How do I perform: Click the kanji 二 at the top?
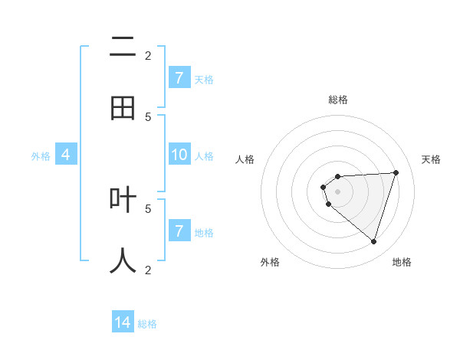(123, 48)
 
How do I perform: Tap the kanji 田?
(123, 109)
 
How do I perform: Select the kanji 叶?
(123, 200)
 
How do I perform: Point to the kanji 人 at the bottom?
(123, 260)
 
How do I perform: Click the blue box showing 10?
(179, 155)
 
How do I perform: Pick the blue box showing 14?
(123, 322)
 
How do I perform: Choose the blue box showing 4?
(66, 155)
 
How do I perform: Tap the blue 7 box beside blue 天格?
(179, 77)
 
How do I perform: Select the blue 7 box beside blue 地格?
(179, 231)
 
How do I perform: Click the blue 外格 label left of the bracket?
(41, 155)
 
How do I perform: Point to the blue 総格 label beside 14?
(147, 323)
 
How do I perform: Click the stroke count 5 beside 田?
(149, 116)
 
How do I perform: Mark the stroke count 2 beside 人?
(149, 269)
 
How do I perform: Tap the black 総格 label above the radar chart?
(338, 100)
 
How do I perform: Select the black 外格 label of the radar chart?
(270, 262)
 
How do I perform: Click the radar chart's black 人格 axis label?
(245, 159)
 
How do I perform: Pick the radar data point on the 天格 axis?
(396, 172)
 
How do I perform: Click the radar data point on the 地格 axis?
(373, 241)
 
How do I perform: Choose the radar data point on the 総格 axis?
(338, 177)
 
